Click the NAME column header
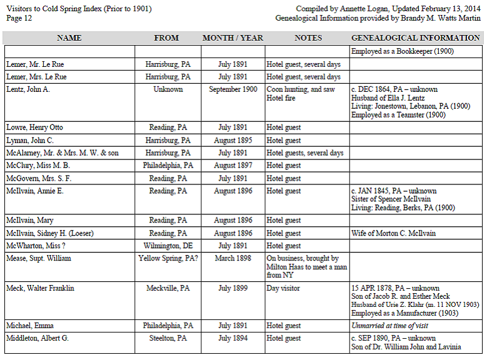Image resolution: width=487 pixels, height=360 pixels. pos(69,38)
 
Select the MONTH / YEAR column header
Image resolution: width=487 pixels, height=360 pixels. pos(233,38)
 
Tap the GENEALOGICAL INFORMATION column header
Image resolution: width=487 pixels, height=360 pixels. pos(415,38)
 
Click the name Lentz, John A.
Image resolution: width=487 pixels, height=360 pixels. pos(28,89)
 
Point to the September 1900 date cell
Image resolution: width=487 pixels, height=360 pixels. pos(233,89)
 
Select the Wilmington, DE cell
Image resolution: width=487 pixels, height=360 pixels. pos(167,246)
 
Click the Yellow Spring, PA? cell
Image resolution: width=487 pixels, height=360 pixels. pos(168,258)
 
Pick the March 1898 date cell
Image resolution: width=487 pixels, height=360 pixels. pos(233,258)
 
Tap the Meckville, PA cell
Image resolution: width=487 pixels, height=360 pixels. pos(168,288)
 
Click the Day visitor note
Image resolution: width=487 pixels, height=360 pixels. pos(283,288)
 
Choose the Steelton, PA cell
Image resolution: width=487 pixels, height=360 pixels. pos(168,338)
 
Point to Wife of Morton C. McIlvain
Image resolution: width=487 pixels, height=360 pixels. pos(393,233)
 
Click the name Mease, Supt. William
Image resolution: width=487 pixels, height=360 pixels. pos(39,258)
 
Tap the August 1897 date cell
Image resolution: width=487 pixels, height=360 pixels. pos(233,166)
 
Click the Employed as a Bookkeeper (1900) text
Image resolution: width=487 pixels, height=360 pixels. pos(402,51)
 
